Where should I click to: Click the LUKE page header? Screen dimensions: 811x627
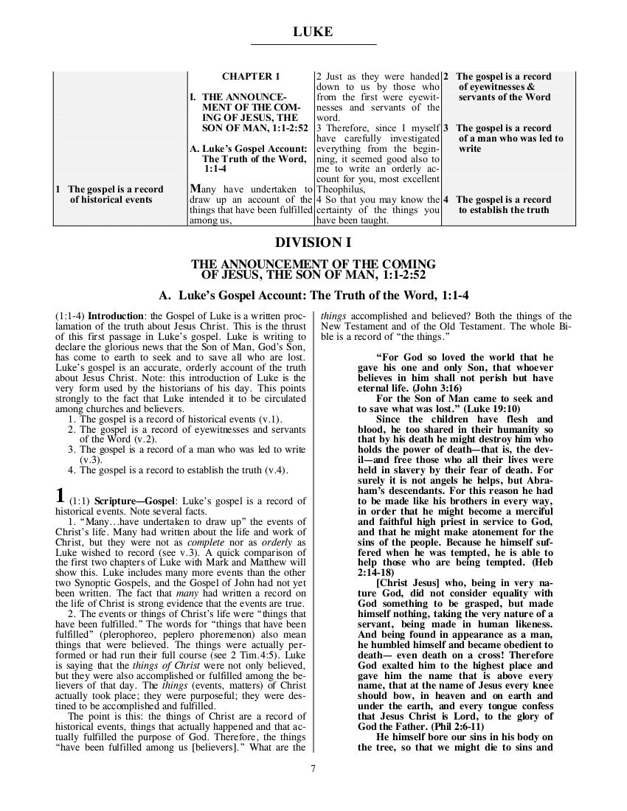click(x=313, y=32)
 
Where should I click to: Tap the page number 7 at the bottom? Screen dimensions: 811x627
click(x=313, y=770)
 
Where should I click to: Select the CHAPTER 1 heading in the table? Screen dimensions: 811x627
click(x=251, y=77)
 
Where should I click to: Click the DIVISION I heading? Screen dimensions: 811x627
click(x=313, y=243)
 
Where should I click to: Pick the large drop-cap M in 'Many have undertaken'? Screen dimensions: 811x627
click(x=196, y=189)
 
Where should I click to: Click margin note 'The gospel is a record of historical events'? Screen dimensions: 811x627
click(x=110, y=194)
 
